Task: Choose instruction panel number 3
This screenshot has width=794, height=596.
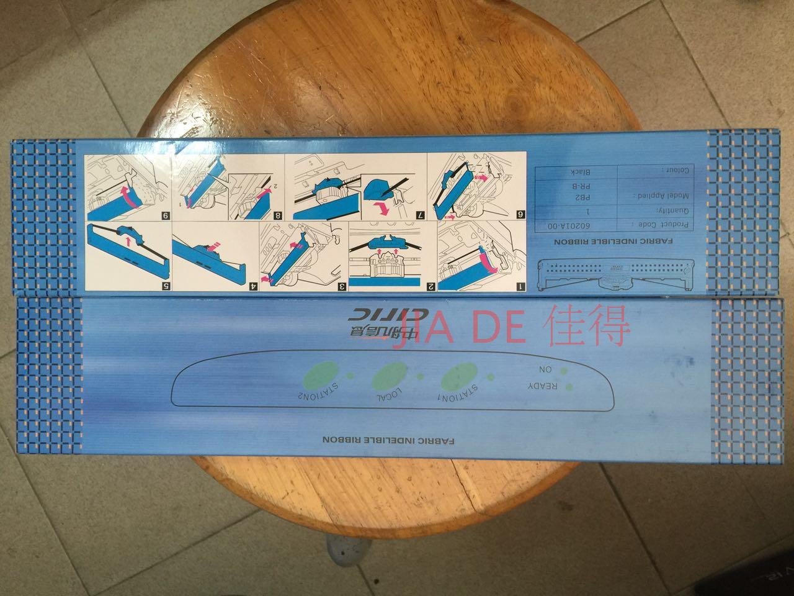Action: (x=303, y=258)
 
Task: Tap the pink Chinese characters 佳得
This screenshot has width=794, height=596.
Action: (x=589, y=328)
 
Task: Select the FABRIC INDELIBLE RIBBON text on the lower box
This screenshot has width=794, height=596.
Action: (x=389, y=440)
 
